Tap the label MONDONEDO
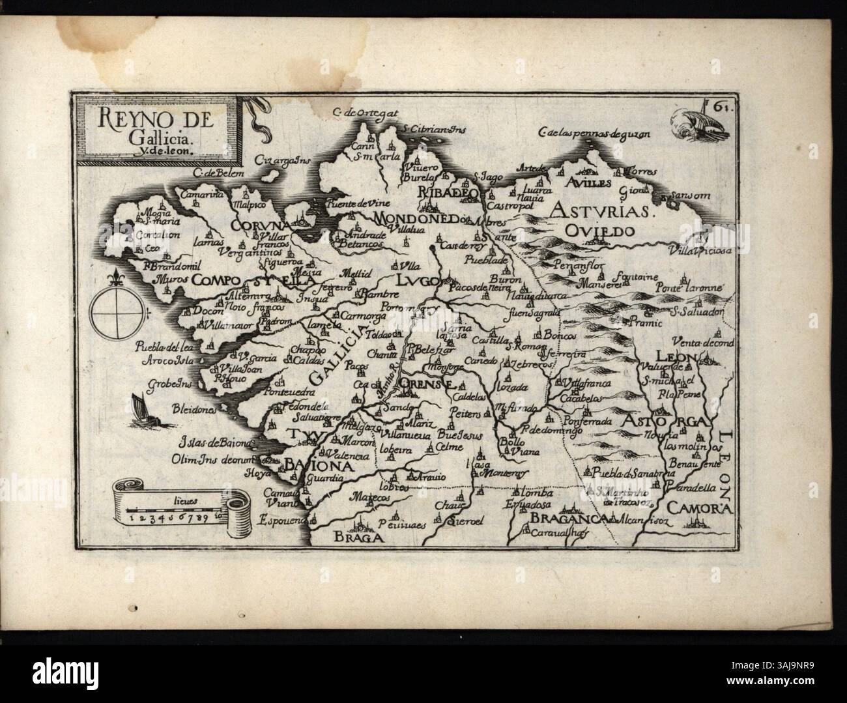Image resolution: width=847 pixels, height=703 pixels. tap(414, 217)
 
